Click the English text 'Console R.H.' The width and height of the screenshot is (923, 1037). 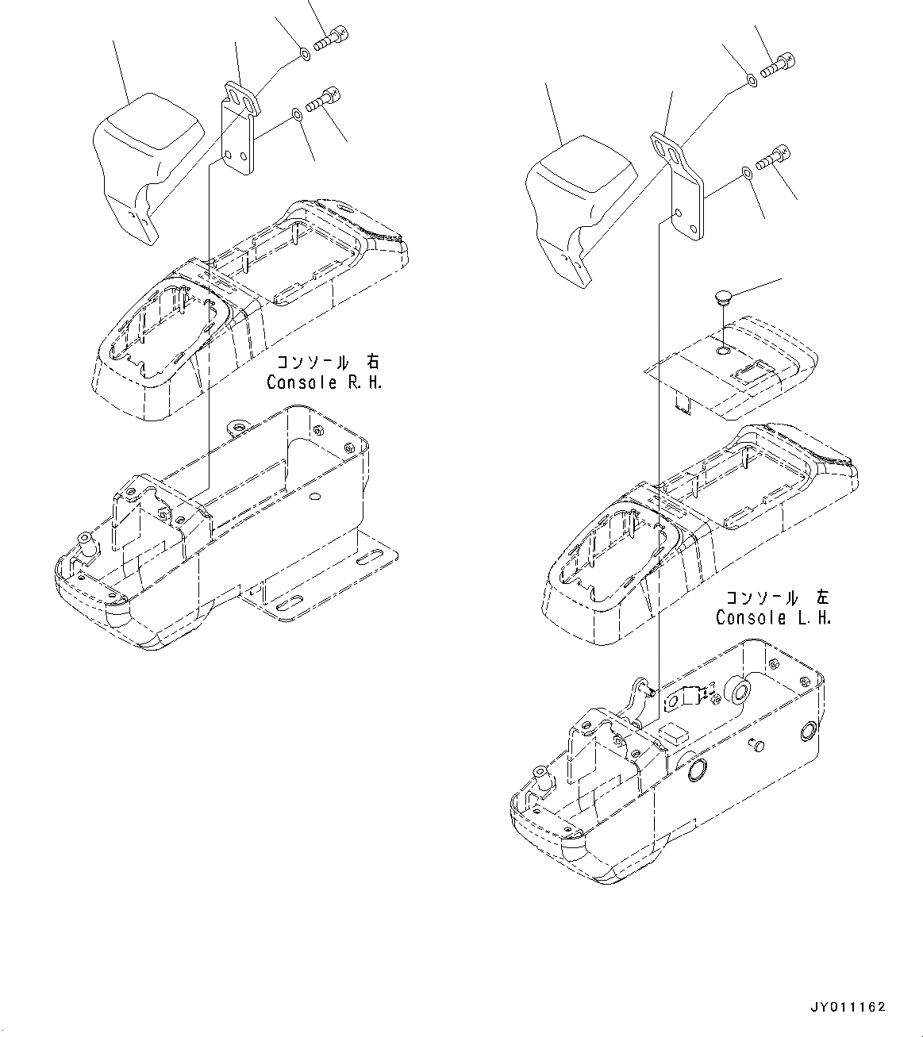[x=324, y=382]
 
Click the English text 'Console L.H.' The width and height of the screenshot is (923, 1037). [x=773, y=617]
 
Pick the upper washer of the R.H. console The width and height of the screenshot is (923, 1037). [x=305, y=54]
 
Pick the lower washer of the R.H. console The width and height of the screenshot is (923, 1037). [x=296, y=116]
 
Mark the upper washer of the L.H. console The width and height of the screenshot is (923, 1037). [x=750, y=79]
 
